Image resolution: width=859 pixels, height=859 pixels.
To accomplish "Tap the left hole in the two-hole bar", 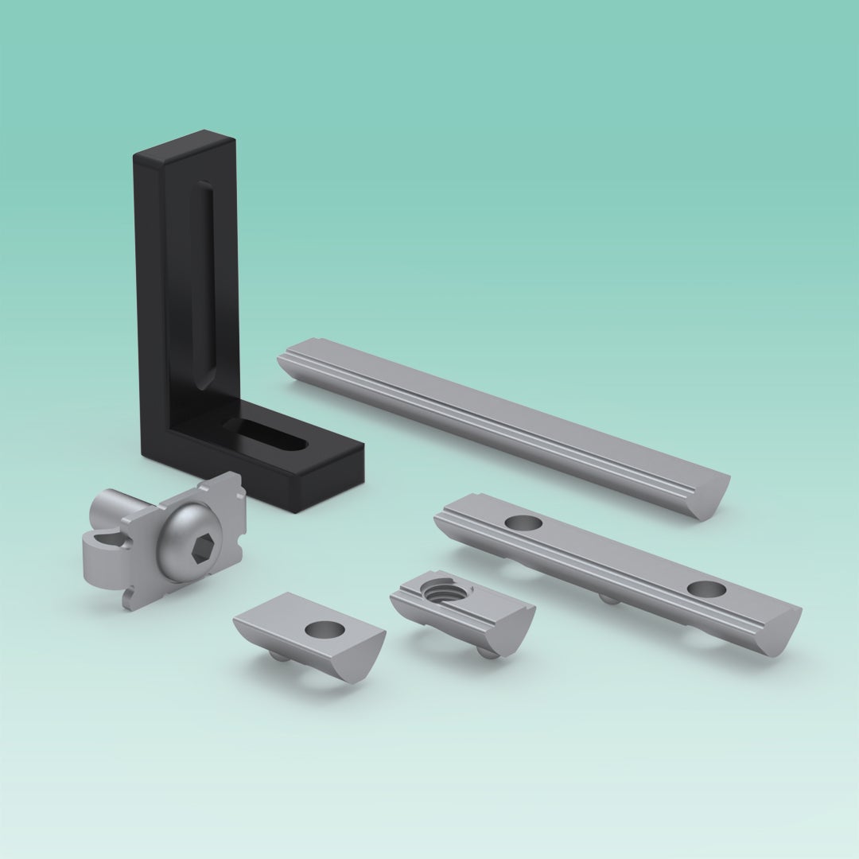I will coord(523,523).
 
